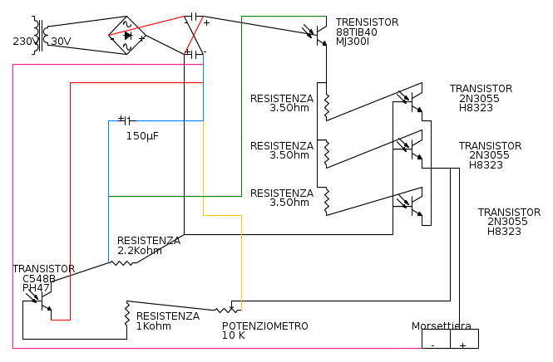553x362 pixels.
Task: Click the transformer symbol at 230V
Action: coord(37,36)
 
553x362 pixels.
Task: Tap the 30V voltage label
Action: coord(62,41)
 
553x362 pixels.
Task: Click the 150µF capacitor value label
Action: coord(142,135)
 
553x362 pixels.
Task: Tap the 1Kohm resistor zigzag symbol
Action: coord(127,314)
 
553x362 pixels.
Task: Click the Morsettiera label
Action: coord(441,325)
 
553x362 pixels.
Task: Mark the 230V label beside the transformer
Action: coord(23,41)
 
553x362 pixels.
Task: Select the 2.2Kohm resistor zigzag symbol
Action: coord(123,262)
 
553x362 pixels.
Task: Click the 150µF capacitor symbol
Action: coord(126,120)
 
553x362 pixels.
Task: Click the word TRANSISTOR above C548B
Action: coord(43,268)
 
